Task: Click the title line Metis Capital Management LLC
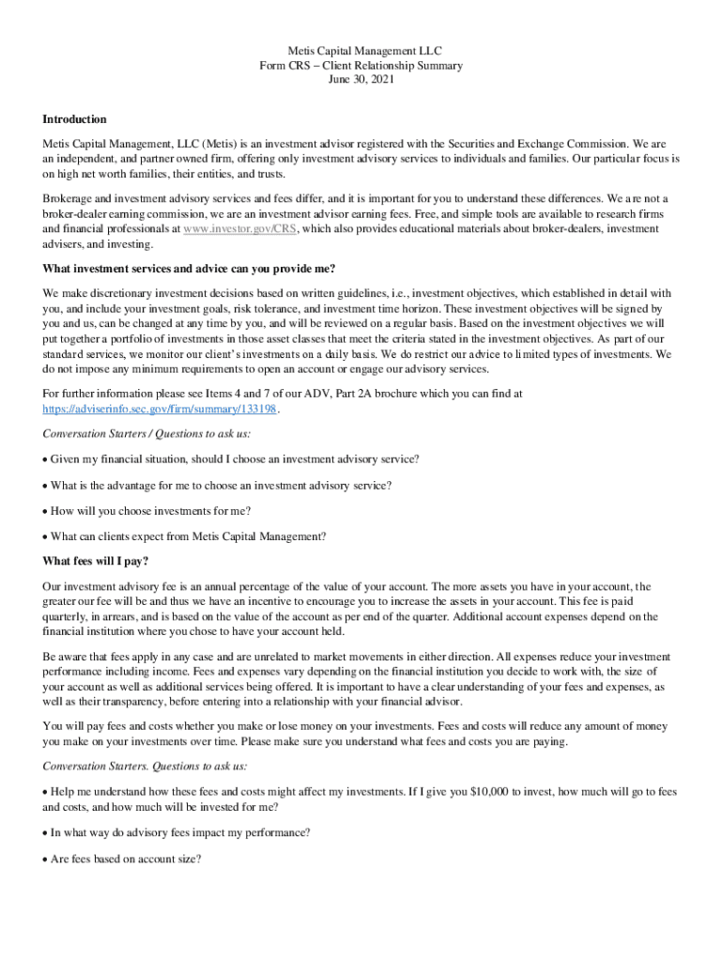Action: coord(361,50)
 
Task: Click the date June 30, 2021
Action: coord(361,80)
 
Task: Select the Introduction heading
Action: coord(74,119)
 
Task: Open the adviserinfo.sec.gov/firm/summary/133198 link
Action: coord(161,410)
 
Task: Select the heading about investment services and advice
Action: coord(189,269)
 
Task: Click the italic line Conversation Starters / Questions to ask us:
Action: coord(146,434)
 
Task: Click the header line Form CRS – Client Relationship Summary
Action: coord(361,65)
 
